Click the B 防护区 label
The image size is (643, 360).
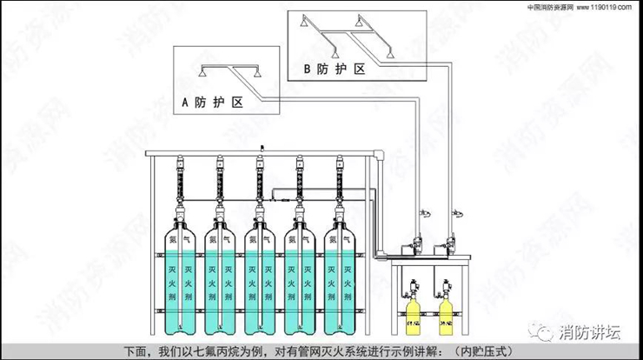pyautogui.click(x=335, y=69)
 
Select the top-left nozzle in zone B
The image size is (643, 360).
pyautogui.click(x=303, y=19)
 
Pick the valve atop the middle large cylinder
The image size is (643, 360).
pyautogui.click(x=259, y=209)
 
